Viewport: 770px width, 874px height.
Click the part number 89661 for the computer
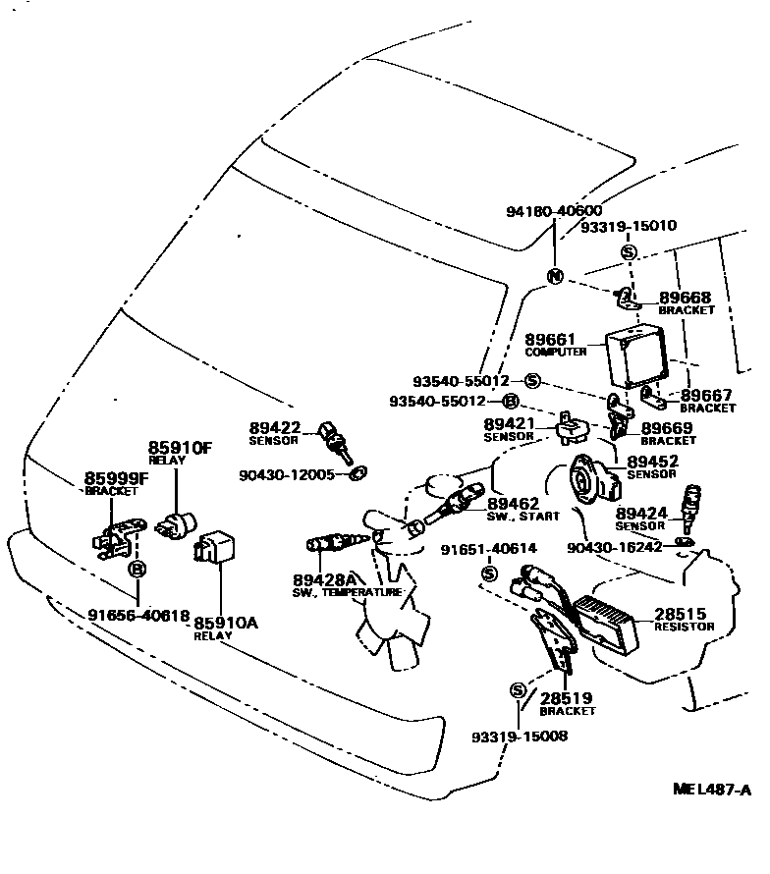pyautogui.click(x=551, y=339)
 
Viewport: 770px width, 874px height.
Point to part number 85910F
pyautogui.click(x=180, y=448)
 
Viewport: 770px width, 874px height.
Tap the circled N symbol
pyautogui.click(x=555, y=276)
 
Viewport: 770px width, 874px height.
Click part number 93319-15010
pyautogui.click(x=628, y=225)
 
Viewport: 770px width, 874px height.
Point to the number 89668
pyautogui.click(x=685, y=298)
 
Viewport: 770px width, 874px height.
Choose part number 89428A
pyautogui.click(x=323, y=580)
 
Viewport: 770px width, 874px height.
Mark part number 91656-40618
pyautogui.click(x=138, y=615)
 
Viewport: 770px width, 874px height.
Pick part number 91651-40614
pyautogui.click(x=488, y=550)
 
